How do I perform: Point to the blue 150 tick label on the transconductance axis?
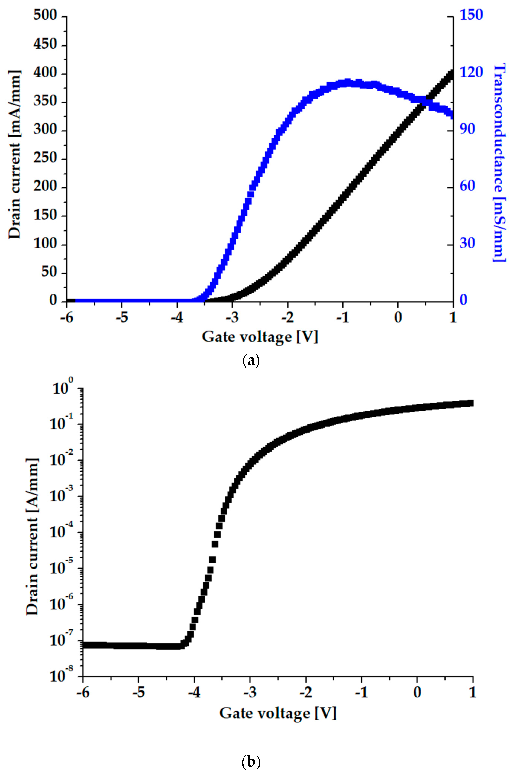click(x=471, y=15)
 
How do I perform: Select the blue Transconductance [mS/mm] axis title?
click(x=500, y=163)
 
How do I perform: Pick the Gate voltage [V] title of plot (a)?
click(x=260, y=337)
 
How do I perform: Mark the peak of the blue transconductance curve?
click(x=347, y=82)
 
